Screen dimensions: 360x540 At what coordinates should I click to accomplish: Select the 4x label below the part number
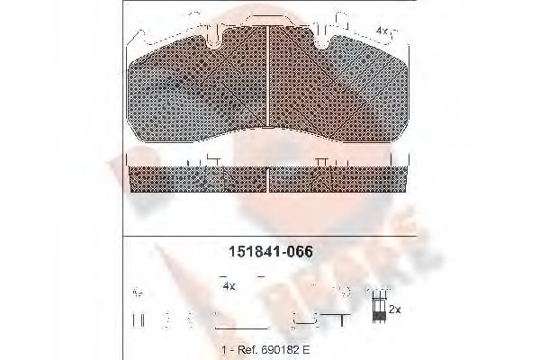tap(229, 285)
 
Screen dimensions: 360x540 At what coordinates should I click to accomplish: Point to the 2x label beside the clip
tap(394, 309)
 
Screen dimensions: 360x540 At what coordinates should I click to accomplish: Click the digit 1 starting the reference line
tap(220, 346)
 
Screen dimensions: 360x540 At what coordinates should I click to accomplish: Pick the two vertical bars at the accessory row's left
tap(138, 319)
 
